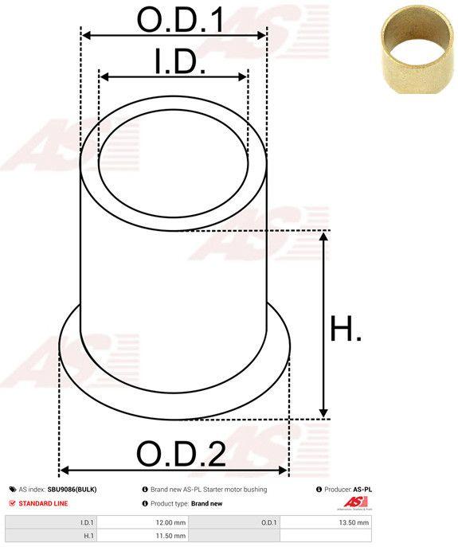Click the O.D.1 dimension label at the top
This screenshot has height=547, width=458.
pos(179,19)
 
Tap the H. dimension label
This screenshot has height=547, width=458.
pos(346,329)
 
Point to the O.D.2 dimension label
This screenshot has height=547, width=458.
pos(181,454)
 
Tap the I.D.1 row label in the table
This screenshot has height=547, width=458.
pos(88,522)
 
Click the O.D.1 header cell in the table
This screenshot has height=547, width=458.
pos(268,522)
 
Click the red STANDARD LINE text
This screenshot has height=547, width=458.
pos(43,503)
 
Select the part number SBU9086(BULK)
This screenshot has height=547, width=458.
pos(72,489)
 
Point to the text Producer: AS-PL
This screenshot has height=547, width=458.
pos(348,489)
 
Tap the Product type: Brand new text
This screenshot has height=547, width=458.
pos(186,503)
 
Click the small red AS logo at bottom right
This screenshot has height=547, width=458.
pos(354,502)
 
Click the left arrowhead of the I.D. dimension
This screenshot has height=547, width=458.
pos(101,77)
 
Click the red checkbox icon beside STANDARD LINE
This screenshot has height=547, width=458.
pos(11,503)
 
